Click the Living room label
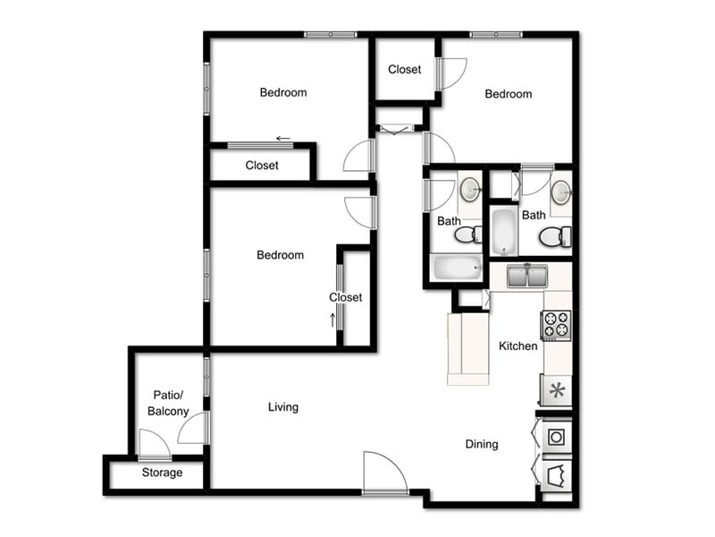(x=283, y=407)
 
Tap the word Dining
(x=482, y=444)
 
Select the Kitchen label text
(x=517, y=345)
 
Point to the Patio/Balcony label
(x=168, y=403)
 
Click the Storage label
(x=162, y=473)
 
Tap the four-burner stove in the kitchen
(x=556, y=324)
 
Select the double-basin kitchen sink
(x=526, y=276)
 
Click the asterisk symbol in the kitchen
(x=556, y=390)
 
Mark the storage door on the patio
(x=154, y=444)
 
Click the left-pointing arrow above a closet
(x=282, y=139)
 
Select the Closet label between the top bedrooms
(x=404, y=69)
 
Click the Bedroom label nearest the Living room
(x=280, y=255)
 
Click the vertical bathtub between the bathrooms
(x=503, y=232)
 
